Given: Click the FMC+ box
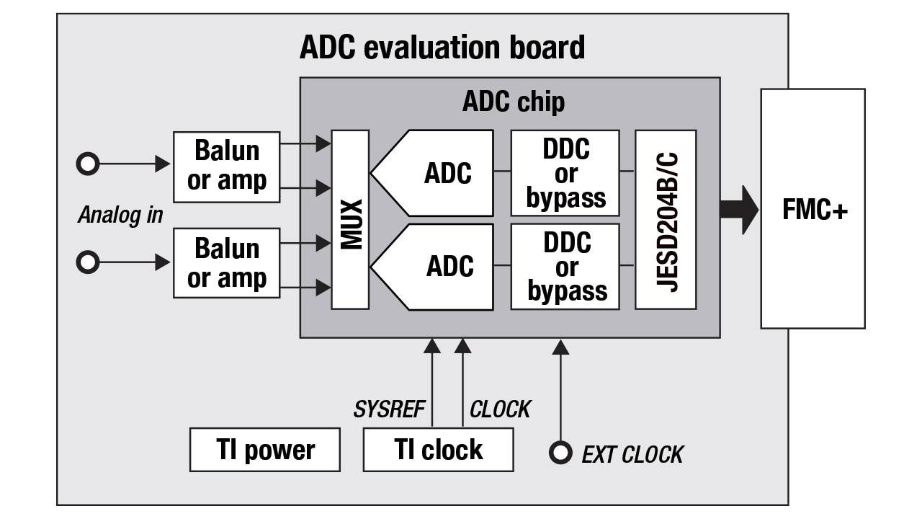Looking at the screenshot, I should tap(813, 209).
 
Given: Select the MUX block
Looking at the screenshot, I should tap(350, 220).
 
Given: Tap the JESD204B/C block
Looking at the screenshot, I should tap(666, 220).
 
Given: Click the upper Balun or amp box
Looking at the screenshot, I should tap(226, 167).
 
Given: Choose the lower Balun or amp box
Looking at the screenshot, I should tap(226, 263).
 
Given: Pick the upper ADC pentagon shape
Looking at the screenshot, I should tap(439, 173).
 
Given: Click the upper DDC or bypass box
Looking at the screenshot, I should tap(565, 173).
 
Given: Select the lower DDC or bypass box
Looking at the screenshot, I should tap(565, 266).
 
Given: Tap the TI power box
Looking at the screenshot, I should tap(264, 450).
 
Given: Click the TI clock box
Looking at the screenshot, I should tap(438, 450).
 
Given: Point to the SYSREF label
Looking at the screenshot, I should tap(389, 409).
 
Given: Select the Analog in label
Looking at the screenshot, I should tap(120, 215).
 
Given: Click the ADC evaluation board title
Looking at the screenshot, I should tap(442, 48).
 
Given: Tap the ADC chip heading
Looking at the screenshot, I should tap(513, 102).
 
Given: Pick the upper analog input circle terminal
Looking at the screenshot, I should tap(88, 164).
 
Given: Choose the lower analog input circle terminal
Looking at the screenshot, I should tap(88, 262).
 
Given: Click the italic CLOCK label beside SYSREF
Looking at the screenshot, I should tap(500, 409).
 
